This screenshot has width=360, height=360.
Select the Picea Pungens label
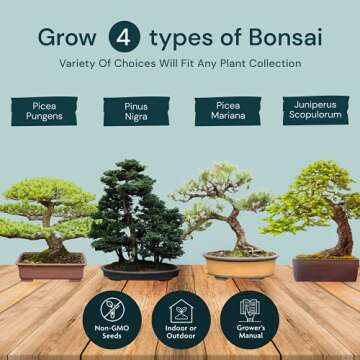pos(45,110)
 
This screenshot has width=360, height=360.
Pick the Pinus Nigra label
pos(135,110)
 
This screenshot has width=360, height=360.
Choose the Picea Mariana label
pos(227,110)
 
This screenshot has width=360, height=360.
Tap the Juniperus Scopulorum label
pos(315,109)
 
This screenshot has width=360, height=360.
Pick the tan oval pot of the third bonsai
pos(240,265)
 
